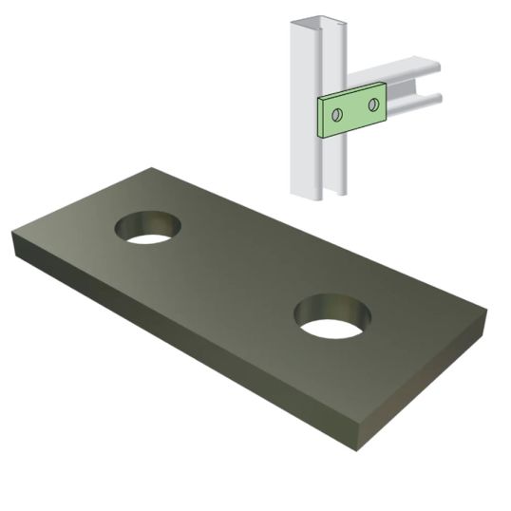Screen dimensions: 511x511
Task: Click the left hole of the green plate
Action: pyautogui.click(x=336, y=114)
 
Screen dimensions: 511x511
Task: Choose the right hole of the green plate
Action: pyautogui.click(x=374, y=104)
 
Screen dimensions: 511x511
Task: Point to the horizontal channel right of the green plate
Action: pyautogui.click(x=408, y=85)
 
